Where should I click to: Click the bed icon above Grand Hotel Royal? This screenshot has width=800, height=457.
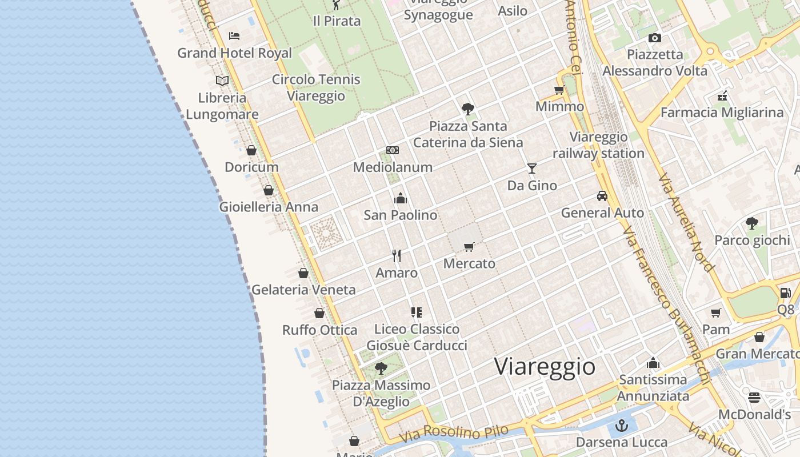click(234, 35)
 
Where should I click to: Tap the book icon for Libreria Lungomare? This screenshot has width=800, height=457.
click(222, 81)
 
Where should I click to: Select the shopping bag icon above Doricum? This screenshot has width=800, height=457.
click(251, 151)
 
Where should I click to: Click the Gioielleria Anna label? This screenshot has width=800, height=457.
click(269, 207)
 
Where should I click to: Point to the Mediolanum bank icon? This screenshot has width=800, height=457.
click(393, 150)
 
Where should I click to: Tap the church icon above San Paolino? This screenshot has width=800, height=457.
click(401, 198)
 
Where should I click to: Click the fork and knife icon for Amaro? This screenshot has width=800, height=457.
click(397, 255)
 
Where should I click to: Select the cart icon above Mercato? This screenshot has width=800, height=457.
click(469, 247)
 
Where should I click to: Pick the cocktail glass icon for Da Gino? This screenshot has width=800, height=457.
click(532, 169)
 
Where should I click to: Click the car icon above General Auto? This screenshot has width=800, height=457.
click(602, 196)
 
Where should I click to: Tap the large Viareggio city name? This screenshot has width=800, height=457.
click(545, 366)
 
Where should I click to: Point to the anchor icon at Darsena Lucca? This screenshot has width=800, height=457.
click(621, 426)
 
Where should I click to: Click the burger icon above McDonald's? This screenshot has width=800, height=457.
click(754, 397)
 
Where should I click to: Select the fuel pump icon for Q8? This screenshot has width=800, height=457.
click(785, 293)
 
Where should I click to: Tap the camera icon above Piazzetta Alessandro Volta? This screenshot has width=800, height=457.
click(655, 38)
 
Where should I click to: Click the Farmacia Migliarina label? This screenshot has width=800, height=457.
click(722, 112)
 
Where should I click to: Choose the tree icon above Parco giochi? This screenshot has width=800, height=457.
click(752, 223)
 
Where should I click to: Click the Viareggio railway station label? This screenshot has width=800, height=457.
click(598, 145)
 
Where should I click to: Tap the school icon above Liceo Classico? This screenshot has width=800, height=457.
click(417, 312)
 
